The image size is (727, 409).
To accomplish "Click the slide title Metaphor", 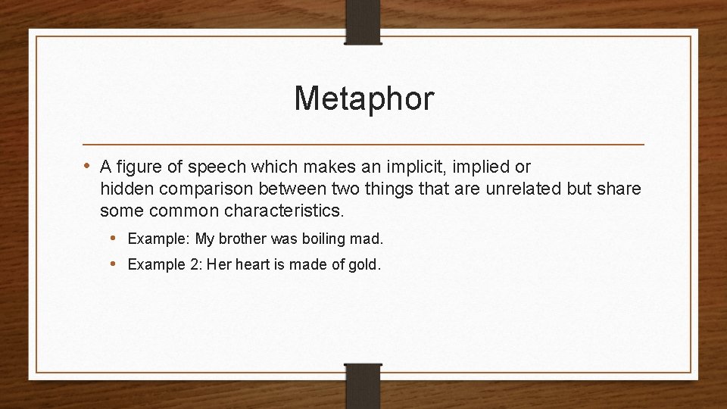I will [x=363, y=98].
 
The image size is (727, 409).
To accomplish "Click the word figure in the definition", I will [x=140, y=167].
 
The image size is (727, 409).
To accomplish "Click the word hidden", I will [x=126, y=189].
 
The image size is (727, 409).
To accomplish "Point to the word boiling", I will [x=323, y=239].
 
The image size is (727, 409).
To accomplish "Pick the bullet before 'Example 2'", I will [x=113, y=264].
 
